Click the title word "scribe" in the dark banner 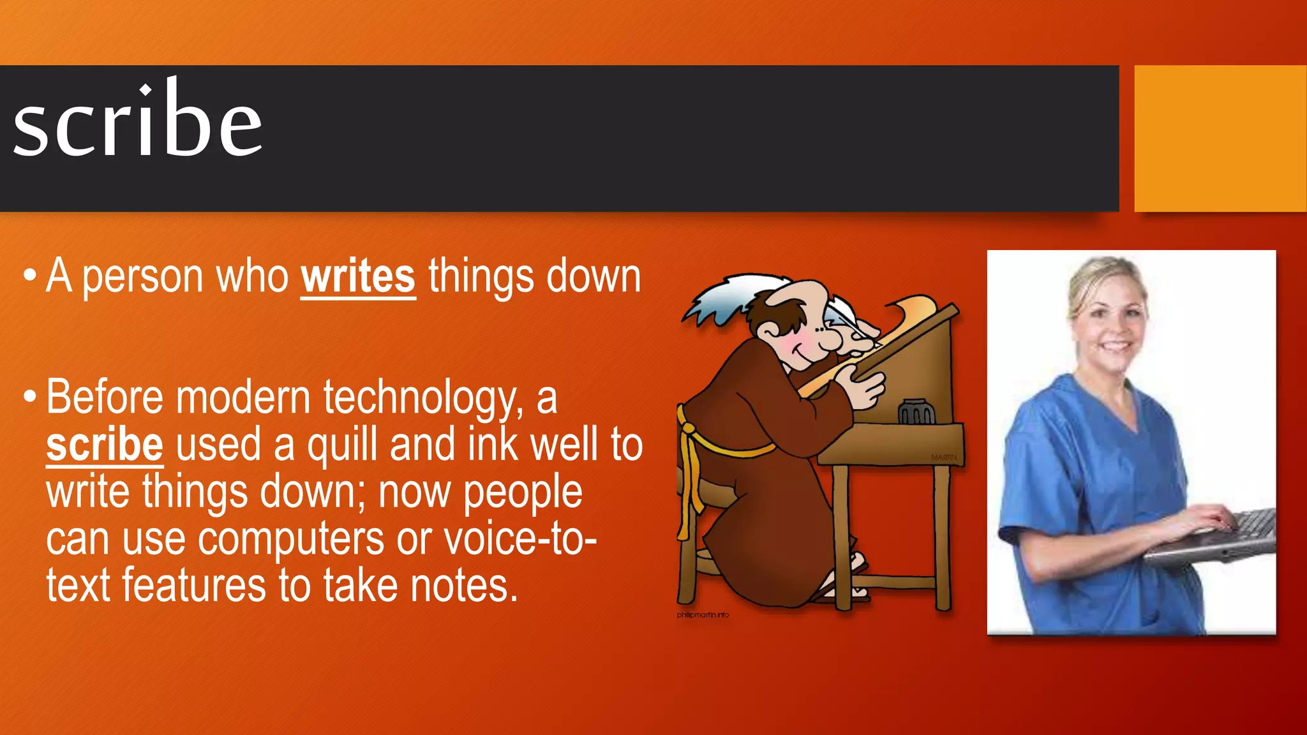point(137,121)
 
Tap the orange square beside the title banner point(1220,138)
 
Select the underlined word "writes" point(358,276)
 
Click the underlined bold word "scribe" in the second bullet point(105,445)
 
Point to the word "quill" point(343,445)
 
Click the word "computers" point(291,539)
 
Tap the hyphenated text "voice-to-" point(520,539)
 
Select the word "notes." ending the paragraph point(464,586)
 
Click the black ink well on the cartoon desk point(916,412)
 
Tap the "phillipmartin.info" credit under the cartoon point(703,615)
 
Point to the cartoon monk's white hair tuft point(721,300)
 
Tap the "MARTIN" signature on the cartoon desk point(943,457)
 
